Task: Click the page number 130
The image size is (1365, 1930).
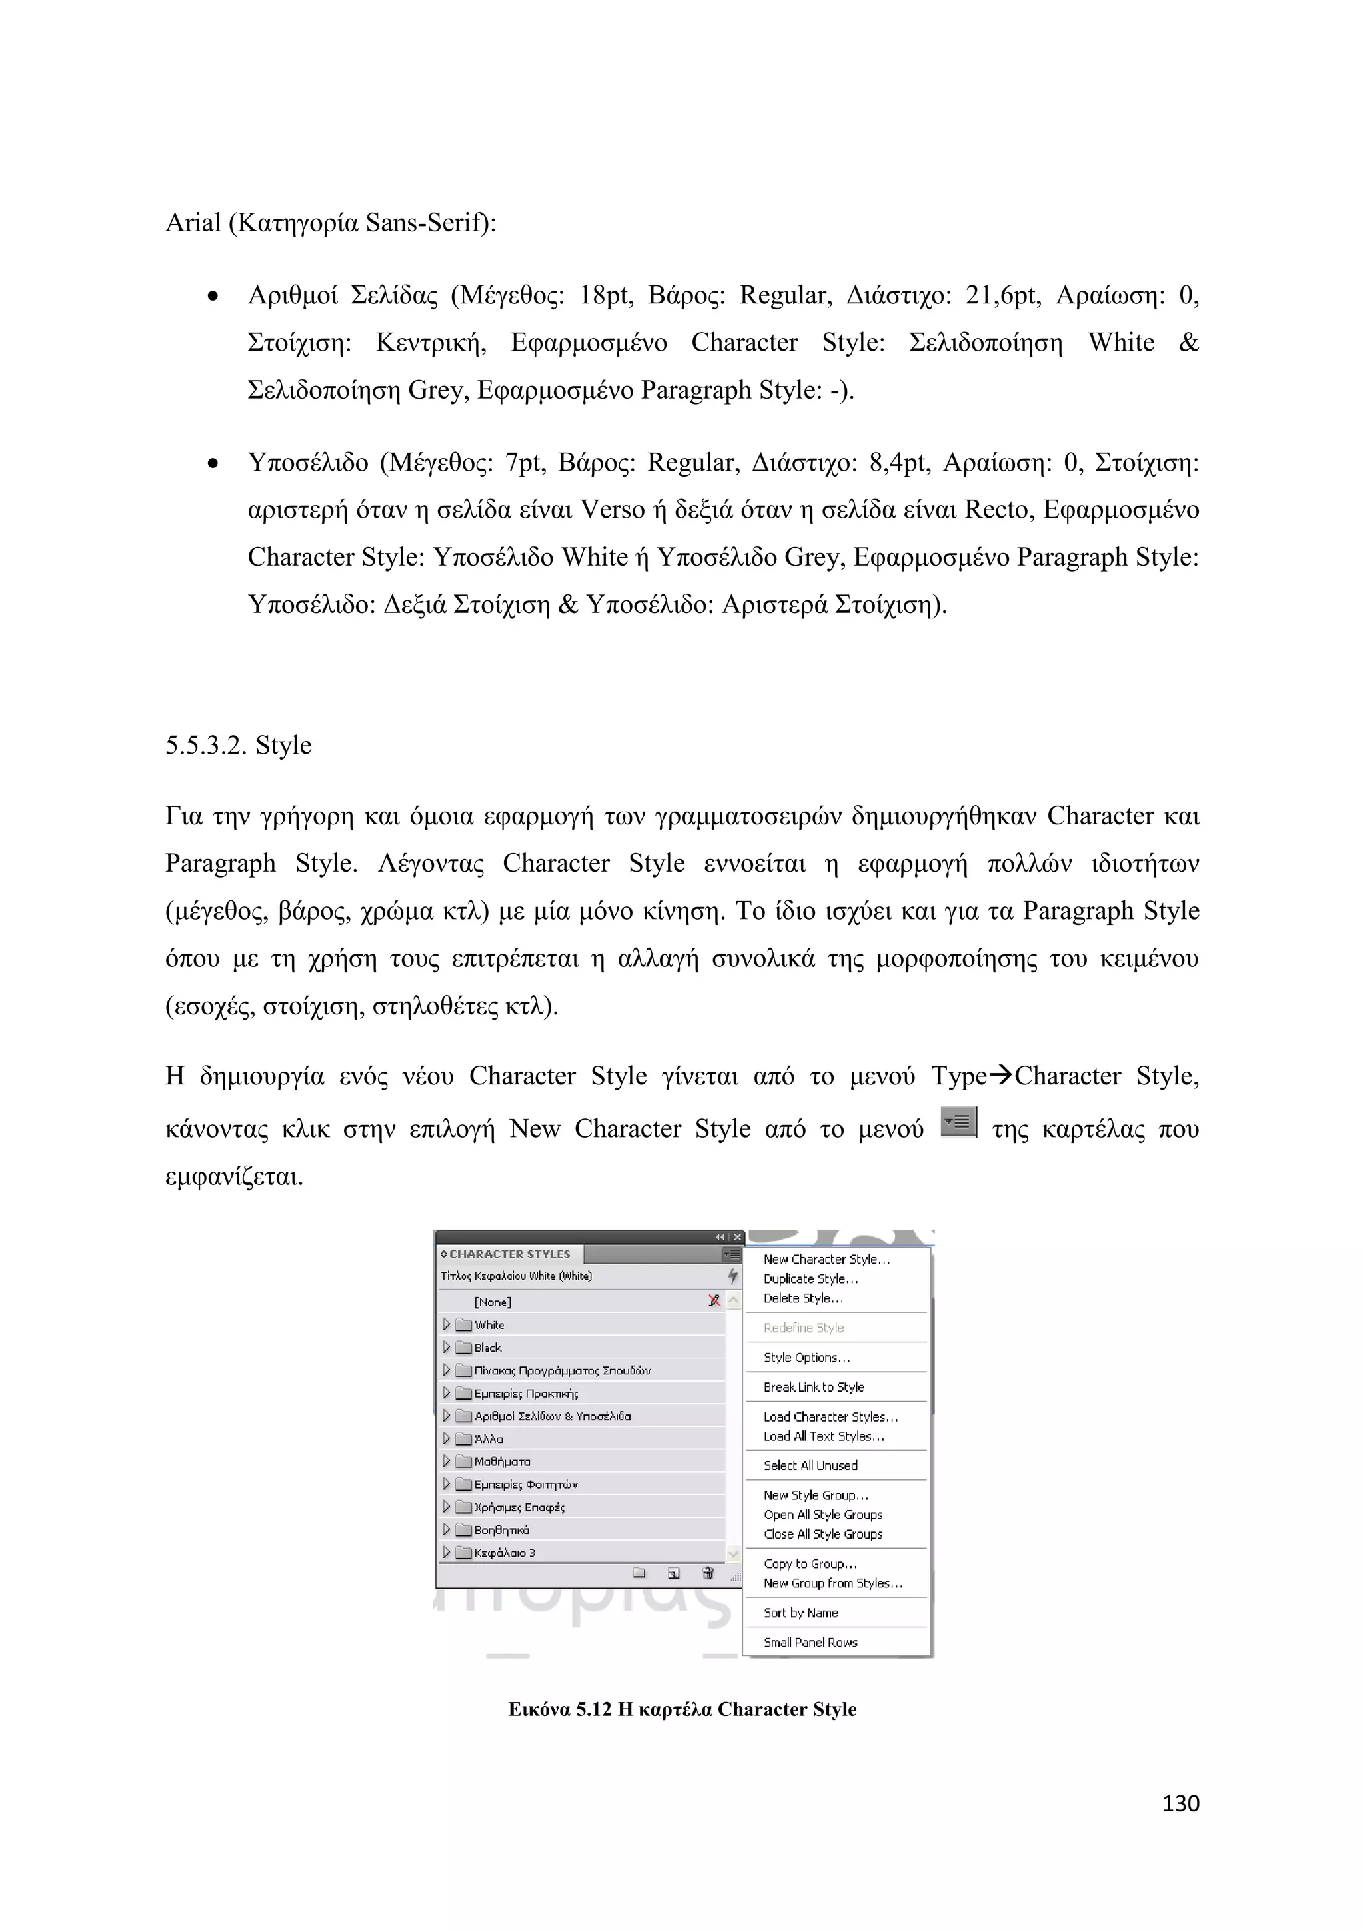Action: tap(1180, 1803)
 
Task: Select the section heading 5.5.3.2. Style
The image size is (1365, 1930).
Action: tap(238, 745)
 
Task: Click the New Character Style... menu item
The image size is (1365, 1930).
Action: tap(826, 1259)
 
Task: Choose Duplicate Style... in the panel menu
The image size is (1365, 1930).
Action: tap(810, 1278)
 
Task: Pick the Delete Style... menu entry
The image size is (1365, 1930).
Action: tap(802, 1298)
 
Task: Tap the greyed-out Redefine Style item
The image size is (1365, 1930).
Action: tap(804, 1328)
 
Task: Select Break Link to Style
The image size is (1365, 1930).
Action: tap(814, 1387)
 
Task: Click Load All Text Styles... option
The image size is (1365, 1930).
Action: tap(824, 1436)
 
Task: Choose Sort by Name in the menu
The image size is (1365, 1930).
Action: tap(800, 1613)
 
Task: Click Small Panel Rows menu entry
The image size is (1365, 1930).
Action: tap(810, 1643)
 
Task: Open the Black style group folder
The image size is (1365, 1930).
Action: tap(487, 1348)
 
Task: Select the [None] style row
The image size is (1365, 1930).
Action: tap(493, 1302)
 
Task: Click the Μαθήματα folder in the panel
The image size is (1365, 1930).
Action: tap(502, 1461)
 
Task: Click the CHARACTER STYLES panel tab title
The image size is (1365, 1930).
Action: tap(509, 1254)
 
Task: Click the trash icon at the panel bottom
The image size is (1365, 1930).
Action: tap(708, 1573)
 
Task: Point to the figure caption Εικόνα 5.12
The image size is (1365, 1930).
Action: tap(682, 1710)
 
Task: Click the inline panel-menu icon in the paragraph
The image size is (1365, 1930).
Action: tap(958, 1122)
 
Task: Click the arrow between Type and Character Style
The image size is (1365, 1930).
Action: tap(1000, 1075)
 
